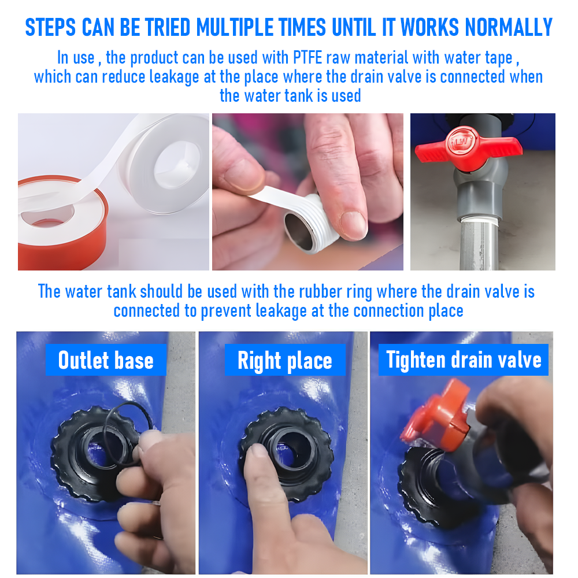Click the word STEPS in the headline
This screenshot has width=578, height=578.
50,27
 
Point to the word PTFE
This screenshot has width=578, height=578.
307,57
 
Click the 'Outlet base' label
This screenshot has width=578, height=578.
106,360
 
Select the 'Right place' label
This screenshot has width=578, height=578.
285,360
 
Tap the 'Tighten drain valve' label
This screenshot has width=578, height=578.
464,360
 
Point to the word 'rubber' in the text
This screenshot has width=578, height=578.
320,291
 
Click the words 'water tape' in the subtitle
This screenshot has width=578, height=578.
479,57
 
